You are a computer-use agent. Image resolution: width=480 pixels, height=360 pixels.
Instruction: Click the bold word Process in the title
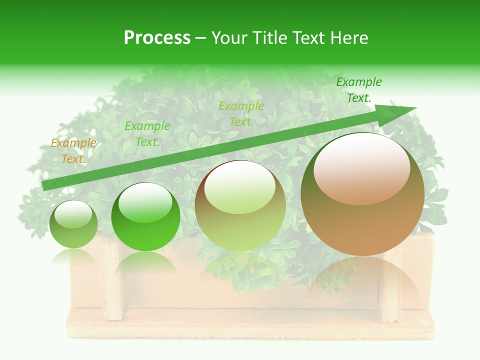pos(157,38)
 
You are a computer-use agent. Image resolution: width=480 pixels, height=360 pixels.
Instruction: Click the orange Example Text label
pos(73,151)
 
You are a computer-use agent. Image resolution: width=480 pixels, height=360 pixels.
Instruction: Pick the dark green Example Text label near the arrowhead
pos(358,90)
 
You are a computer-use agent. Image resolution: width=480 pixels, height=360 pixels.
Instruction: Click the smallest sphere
pos(73,224)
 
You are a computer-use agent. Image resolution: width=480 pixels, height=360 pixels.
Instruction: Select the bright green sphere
pos(145,217)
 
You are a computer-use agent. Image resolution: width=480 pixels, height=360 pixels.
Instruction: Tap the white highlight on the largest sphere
pos(361,168)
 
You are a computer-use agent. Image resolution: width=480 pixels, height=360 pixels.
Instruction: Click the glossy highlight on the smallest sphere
pos(73,214)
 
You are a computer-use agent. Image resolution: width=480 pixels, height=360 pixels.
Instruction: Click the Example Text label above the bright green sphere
pos(147,134)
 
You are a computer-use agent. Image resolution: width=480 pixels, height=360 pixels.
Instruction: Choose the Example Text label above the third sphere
pos(241,114)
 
